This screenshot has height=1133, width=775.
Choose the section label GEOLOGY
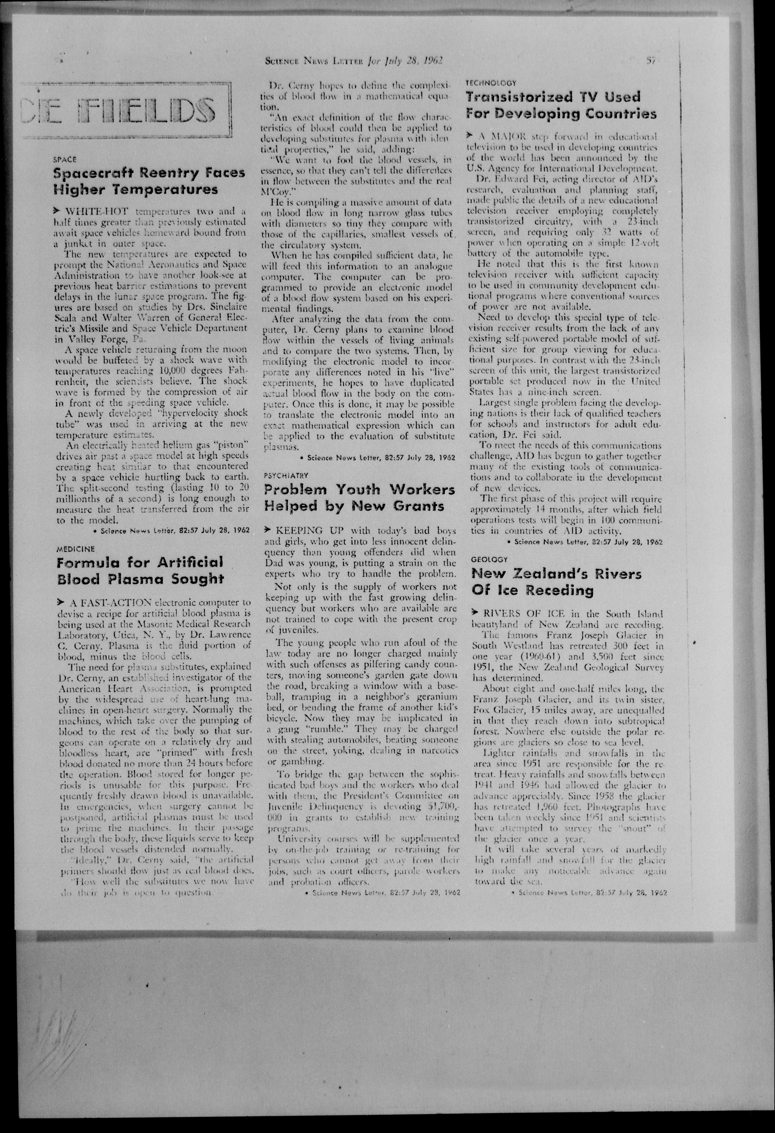coord(489,560)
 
